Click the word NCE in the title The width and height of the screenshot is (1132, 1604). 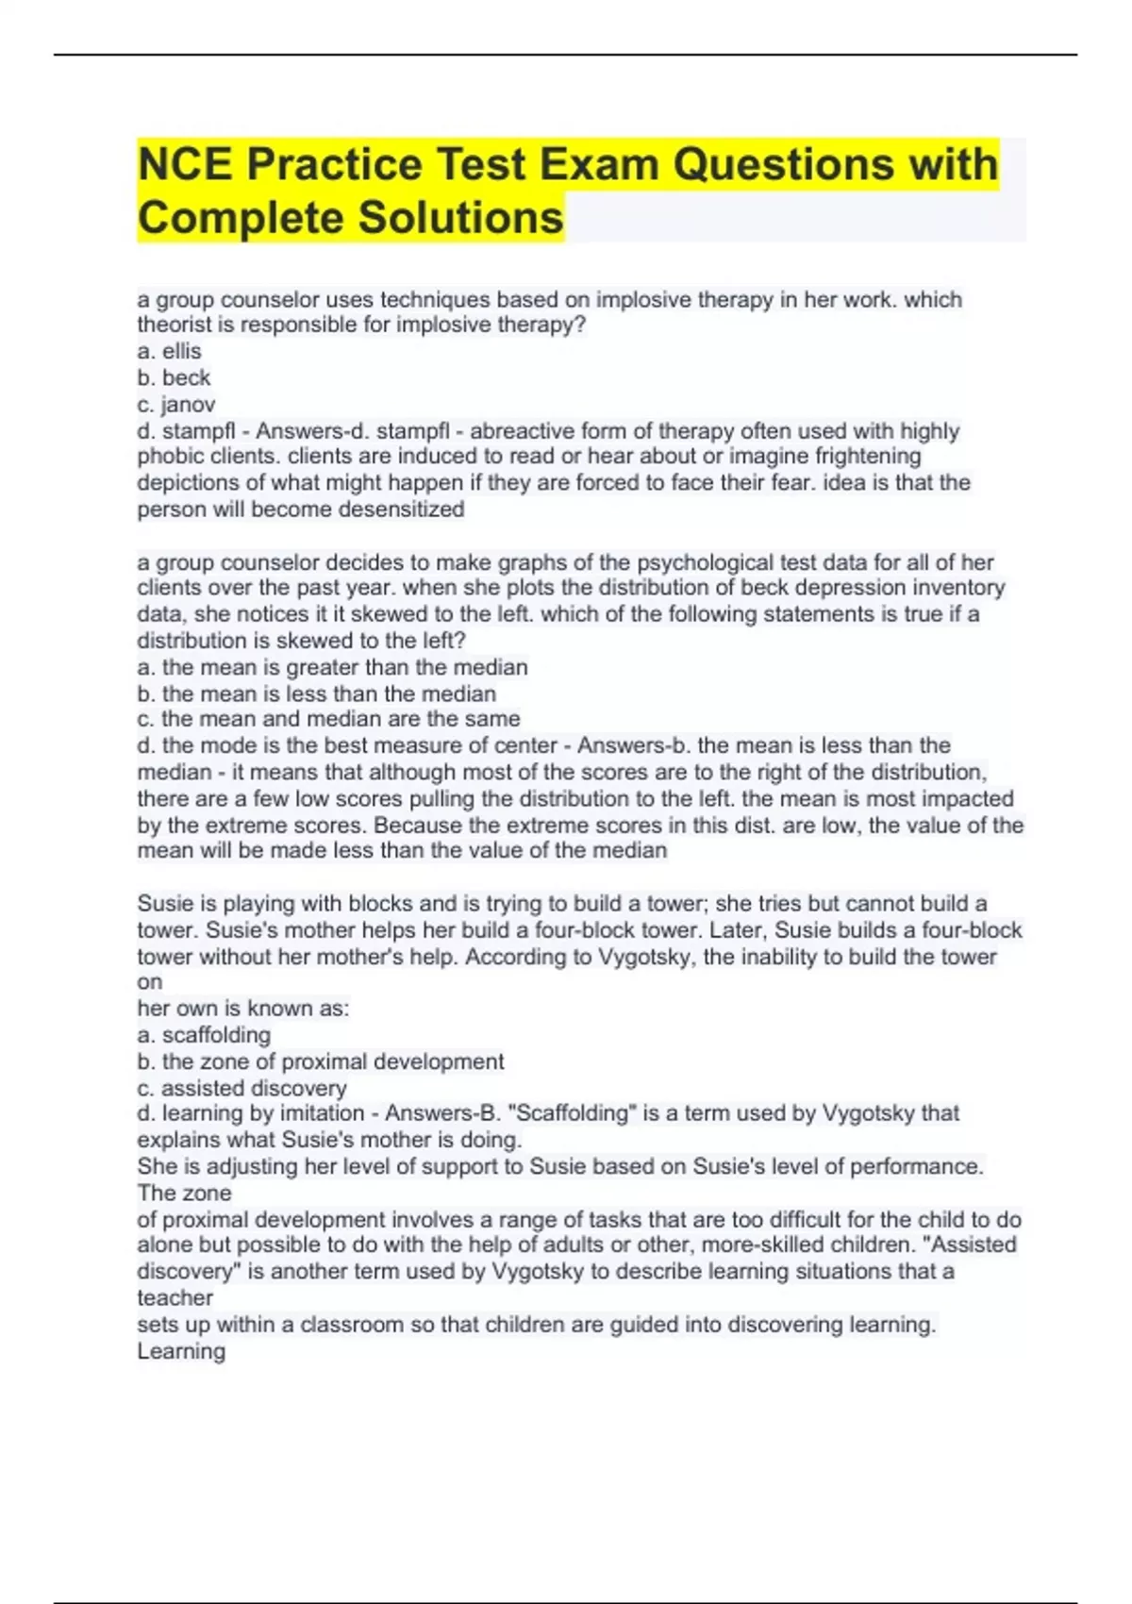(x=185, y=164)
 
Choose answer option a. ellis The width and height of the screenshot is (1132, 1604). (x=170, y=351)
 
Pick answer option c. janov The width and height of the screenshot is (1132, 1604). (x=176, y=405)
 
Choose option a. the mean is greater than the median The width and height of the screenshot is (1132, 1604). (x=332, y=667)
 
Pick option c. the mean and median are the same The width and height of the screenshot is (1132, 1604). (x=328, y=719)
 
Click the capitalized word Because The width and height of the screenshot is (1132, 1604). (x=417, y=826)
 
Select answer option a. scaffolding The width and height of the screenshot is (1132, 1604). (x=204, y=1035)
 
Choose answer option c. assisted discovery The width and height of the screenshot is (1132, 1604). (x=241, y=1088)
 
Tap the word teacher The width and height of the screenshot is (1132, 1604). (x=175, y=1298)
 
